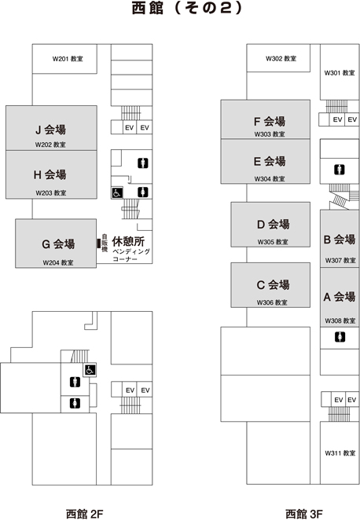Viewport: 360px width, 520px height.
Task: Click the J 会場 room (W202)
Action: pyautogui.click(x=51, y=128)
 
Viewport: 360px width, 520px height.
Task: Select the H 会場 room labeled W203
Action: pyautogui.click(x=51, y=174)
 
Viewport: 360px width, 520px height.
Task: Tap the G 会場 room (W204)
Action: pyautogui.click(x=56, y=243)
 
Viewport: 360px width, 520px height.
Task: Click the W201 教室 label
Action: pyautogui.click(x=68, y=59)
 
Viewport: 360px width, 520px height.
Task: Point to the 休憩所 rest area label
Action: pyautogui.click(x=128, y=241)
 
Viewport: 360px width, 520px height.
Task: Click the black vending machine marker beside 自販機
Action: pyautogui.click(x=98, y=244)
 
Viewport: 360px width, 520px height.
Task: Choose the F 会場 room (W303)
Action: pyautogui.click(x=266, y=119)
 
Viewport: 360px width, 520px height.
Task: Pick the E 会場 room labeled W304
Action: pyautogui.click(x=266, y=161)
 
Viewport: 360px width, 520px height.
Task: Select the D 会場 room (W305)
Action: pyautogui.click(x=270, y=225)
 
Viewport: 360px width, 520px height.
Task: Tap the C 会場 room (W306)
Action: pyautogui.click(x=270, y=285)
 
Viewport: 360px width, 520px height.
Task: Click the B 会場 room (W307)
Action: pyautogui.click(x=340, y=239)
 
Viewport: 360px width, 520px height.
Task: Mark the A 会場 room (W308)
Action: pyautogui.click(x=340, y=298)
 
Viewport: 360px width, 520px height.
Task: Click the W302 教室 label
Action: pyautogui.click(x=281, y=59)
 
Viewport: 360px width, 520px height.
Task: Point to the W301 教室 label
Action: pyautogui.click(x=340, y=72)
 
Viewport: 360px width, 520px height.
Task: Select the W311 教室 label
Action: pyautogui.click(x=340, y=453)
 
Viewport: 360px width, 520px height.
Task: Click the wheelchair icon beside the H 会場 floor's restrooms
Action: pyautogui.click(x=117, y=192)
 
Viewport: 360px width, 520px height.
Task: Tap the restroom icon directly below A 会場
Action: pyautogui.click(x=340, y=337)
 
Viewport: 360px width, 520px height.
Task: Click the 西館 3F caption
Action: pyautogui.click(x=304, y=514)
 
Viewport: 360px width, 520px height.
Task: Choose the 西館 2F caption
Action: pyautogui.click(x=85, y=514)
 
